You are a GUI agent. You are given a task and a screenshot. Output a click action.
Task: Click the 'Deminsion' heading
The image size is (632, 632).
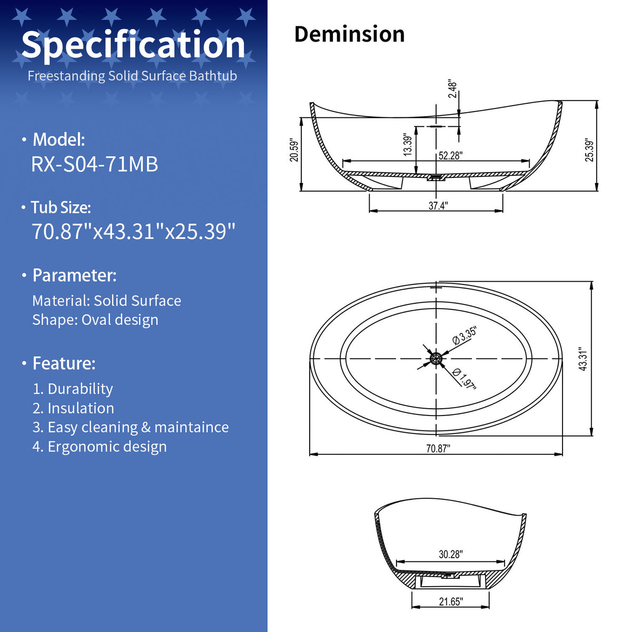coord(349,34)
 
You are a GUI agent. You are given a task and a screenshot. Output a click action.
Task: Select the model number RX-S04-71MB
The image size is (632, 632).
coord(94,164)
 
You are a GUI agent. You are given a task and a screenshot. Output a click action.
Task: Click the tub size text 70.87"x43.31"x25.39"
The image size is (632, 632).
coord(133,231)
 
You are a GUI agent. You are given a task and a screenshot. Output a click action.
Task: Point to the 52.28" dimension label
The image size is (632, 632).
coord(451,155)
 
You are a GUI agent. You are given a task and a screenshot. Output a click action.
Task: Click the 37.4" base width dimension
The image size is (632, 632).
coord(438,205)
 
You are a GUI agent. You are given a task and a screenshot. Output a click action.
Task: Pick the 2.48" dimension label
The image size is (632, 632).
coord(452,88)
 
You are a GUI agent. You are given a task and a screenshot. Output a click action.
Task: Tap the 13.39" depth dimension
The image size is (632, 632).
coord(407,145)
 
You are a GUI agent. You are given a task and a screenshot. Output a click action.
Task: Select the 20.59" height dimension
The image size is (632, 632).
coord(294,151)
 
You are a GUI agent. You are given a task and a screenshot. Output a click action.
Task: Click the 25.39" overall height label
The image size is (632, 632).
coord(589,151)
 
